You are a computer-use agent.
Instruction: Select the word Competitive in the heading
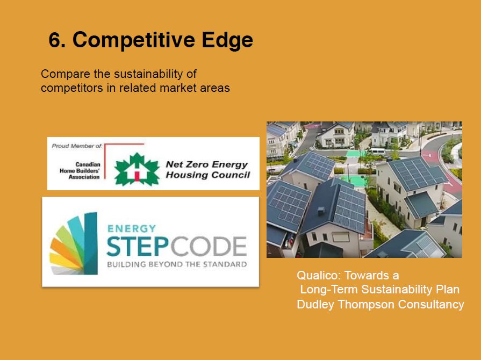(x=134, y=40)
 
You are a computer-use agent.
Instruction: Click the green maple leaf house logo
(x=137, y=169)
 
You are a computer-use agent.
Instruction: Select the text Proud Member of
(x=77, y=146)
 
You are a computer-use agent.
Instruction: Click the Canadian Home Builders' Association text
(x=80, y=170)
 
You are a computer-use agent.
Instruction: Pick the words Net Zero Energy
(x=207, y=164)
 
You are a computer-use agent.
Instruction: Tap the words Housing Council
(x=207, y=175)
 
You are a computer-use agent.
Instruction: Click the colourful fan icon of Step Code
(x=74, y=243)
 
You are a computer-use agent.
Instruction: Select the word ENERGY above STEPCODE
(x=132, y=229)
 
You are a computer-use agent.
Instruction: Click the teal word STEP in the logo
(x=138, y=246)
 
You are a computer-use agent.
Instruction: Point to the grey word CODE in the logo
(x=209, y=246)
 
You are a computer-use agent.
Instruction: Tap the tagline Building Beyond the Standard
(x=177, y=264)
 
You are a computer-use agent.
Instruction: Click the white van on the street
(x=378, y=152)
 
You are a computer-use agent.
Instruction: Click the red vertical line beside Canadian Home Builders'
(x=105, y=161)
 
